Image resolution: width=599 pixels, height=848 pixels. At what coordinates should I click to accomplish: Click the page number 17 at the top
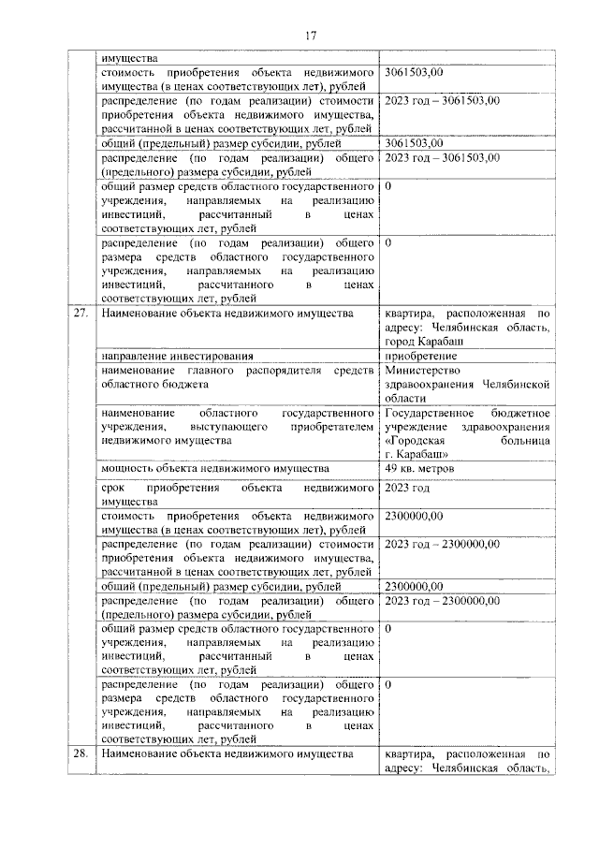click(x=311, y=36)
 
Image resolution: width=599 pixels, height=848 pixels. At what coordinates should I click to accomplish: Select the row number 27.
click(x=80, y=313)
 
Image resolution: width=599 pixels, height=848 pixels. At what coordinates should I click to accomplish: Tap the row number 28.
click(x=80, y=753)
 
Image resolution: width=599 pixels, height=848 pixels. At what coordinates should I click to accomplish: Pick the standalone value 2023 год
click(x=407, y=488)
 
